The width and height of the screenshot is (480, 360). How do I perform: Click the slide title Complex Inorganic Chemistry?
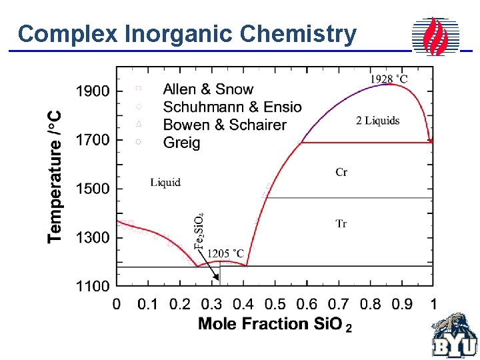[x=187, y=34]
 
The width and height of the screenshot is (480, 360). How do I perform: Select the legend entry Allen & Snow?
[x=208, y=89]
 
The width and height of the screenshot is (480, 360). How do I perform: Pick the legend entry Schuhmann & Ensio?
[x=232, y=107]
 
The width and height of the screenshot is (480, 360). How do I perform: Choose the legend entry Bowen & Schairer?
[x=225, y=125]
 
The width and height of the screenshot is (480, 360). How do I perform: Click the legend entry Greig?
[x=181, y=143]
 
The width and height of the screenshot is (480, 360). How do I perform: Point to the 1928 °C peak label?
[x=389, y=79]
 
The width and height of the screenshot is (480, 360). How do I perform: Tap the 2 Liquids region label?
[x=378, y=121]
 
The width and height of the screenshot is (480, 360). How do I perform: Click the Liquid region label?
[x=165, y=182]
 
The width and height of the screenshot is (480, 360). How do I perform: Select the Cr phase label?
[x=341, y=173]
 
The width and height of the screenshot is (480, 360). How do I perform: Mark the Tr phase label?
[x=341, y=224]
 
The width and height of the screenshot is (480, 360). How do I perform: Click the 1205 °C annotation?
[x=226, y=253]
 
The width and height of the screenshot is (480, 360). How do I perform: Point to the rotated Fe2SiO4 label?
[x=200, y=231]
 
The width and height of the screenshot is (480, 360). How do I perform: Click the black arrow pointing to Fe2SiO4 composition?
[x=214, y=271]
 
